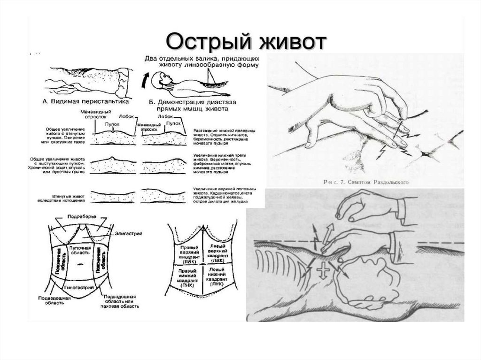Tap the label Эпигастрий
[x=129, y=233]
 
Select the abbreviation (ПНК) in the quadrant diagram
[x=186, y=284]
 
